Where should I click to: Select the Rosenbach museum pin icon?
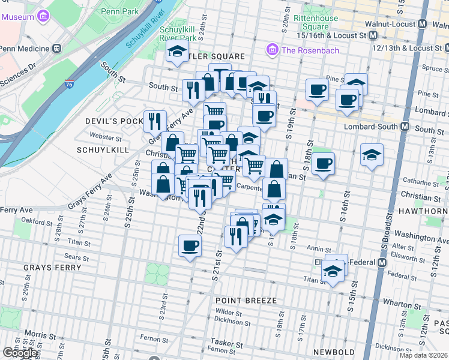point(273,50)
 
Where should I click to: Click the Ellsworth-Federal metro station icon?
point(381,262)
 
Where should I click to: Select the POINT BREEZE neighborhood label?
point(247,300)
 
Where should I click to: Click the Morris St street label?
point(40,334)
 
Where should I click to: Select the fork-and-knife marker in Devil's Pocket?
point(155,121)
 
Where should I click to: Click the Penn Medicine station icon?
point(56,48)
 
